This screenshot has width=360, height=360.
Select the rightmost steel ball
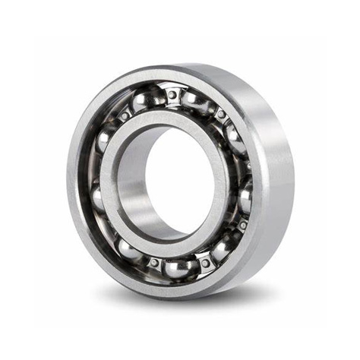[x=245, y=198]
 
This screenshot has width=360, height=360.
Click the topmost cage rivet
[x=173, y=93]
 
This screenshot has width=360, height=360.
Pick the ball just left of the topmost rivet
[x=144, y=101]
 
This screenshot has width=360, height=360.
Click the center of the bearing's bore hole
[x=176, y=182]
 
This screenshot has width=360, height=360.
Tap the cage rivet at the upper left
[x=124, y=116]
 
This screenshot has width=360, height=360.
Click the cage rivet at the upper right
[x=221, y=114]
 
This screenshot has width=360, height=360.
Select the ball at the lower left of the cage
[x=129, y=249]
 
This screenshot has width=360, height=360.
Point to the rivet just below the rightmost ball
[x=242, y=225]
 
